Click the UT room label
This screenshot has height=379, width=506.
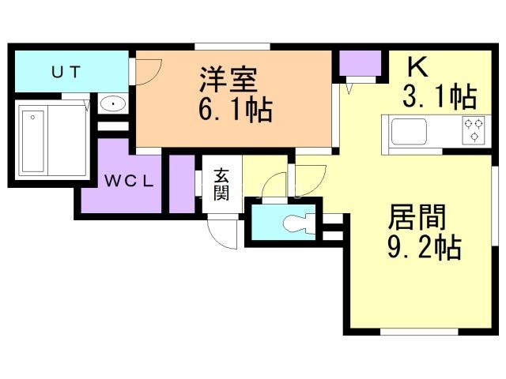tap(66, 71)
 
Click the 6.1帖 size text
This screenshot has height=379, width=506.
tap(235, 109)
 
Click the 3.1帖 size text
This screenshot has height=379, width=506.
tap(439, 97)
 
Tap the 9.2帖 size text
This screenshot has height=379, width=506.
tap(425, 249)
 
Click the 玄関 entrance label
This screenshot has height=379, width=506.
tap(221, 185)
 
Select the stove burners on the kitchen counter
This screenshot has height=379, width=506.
tap(474, 129)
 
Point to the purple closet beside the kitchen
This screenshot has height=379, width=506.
tap(360, 63)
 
